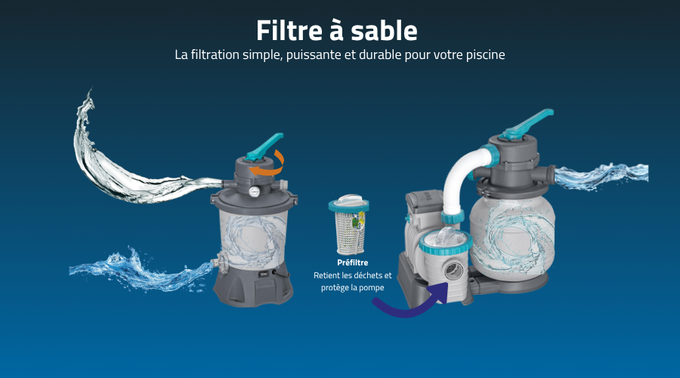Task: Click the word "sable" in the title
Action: [384, 31]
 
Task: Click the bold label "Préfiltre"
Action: [353, 262]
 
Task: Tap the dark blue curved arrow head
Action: [440, 292]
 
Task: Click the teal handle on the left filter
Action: [264, 147]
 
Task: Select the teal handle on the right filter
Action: [526, 124]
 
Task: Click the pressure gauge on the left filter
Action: [255, 191]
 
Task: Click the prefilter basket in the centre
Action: [349, 225]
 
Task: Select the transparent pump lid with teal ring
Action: [445, 241]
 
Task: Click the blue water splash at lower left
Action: [140, 269]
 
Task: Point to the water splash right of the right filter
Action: [601, 175]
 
